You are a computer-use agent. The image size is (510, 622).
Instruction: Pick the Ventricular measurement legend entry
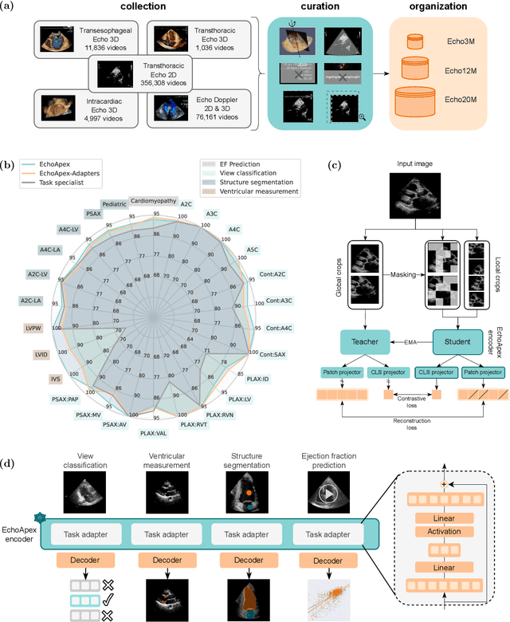[253, 191]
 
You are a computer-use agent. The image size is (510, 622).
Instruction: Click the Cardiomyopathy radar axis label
[155, 202]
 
